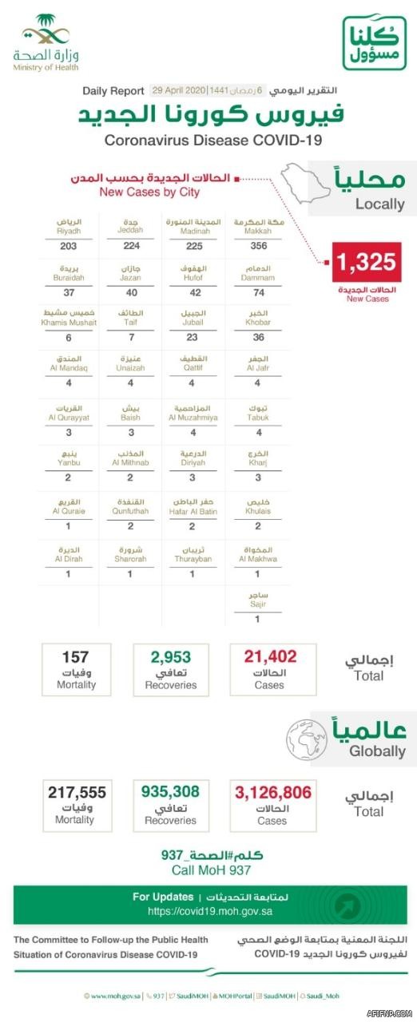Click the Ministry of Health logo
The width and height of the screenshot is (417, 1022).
point(46,46)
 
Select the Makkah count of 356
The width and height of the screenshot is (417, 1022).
point(257,247)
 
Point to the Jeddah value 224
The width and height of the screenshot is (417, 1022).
point(130,247)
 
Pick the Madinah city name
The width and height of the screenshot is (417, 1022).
point(193,231)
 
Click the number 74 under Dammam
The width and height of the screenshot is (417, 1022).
point(257,293)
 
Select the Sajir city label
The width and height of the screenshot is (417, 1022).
point(257,604)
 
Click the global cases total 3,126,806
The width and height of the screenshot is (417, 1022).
point(272,792)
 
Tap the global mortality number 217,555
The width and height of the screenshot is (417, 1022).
point(77,792)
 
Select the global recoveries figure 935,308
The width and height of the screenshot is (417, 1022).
point(170,792)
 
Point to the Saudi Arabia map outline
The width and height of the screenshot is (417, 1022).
point(309,180)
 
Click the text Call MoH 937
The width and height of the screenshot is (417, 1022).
point(211,870)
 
